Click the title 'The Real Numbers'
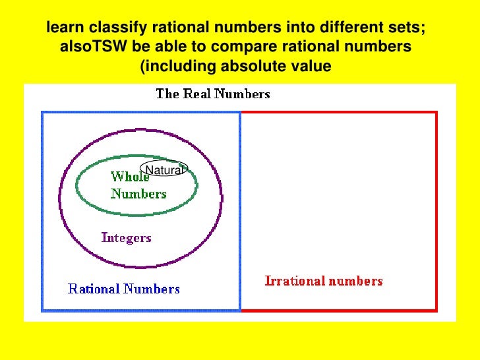coord(212,94)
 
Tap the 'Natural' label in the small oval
coord(163,171)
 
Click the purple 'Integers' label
coord(126,238)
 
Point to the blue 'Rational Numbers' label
coord(124,289)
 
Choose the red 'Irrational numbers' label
coord(323,281)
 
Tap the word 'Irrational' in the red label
coord(295,281)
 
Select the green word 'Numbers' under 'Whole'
coord(138,194)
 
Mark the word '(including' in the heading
coord(176,67)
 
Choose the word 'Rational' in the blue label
coord(94,289)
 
